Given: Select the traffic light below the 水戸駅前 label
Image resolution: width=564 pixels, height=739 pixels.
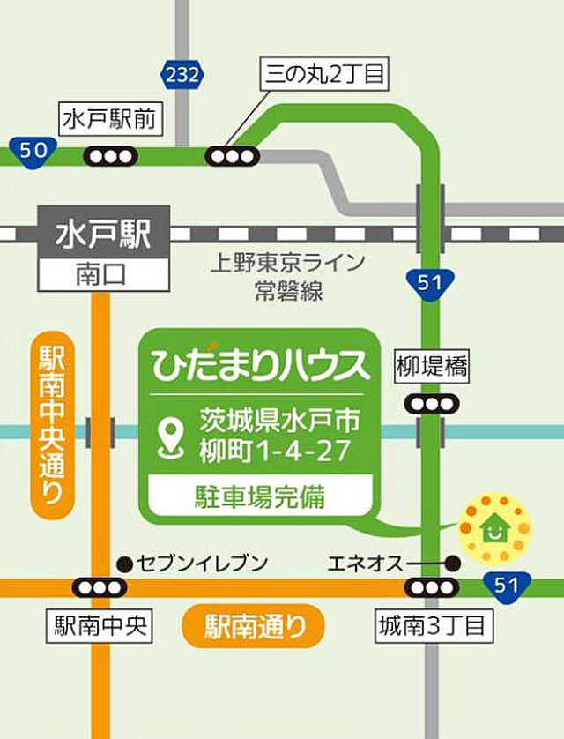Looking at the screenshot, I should click(112, 156).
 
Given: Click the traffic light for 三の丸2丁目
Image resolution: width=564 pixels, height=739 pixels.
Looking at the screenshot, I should click(234, 156).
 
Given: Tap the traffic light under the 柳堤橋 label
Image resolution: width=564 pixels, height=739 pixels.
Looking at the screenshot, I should click(432, 404).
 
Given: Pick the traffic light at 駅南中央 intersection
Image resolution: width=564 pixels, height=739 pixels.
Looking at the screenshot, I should click(100, 587).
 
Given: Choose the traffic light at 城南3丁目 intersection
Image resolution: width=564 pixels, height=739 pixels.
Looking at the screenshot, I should click(432, 587).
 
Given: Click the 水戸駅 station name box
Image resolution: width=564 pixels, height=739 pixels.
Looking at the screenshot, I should click(103, 235).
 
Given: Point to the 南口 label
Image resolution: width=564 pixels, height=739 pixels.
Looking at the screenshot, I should click(103, 275).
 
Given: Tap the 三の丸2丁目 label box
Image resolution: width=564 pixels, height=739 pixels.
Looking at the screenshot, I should click(325, 74).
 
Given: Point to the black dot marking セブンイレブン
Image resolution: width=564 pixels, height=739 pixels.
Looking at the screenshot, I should click(124, 563).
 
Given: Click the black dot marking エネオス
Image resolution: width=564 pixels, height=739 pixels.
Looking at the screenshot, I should click(453, 563).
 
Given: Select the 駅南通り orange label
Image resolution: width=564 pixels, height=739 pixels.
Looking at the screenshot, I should click(253, 627).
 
